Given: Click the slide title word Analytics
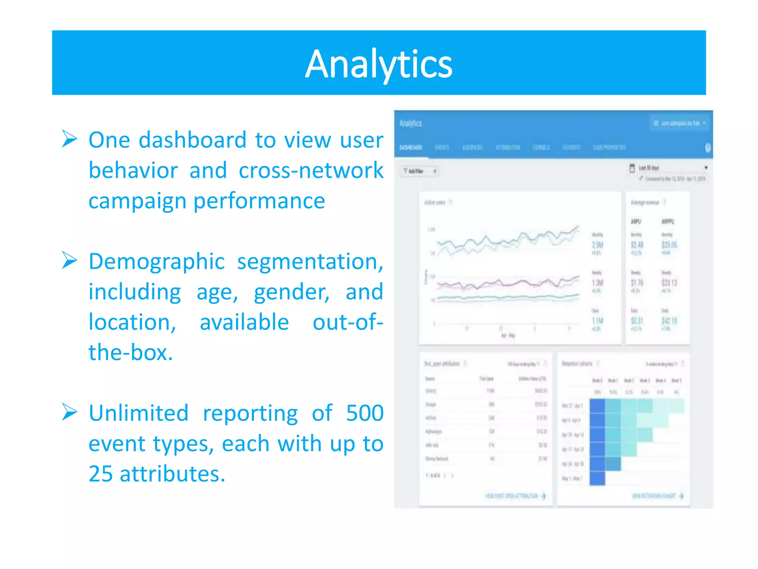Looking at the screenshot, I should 378,64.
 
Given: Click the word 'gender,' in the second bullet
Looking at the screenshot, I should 292,292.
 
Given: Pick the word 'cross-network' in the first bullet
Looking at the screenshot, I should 311,170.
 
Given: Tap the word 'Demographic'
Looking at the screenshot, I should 157,262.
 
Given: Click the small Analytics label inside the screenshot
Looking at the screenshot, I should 410,123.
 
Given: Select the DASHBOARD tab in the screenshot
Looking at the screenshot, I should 410,147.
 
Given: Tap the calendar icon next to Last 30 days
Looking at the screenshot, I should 632,168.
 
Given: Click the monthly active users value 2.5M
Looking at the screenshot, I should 597,245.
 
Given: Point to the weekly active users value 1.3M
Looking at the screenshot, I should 597,283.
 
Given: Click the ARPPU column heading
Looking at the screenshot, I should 668,222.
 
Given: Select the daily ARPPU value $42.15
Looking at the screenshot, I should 669,321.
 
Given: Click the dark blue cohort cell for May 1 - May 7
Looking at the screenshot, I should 597,478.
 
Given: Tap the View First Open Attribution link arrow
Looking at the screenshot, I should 543,496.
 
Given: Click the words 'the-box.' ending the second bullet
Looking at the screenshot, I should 131,352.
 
